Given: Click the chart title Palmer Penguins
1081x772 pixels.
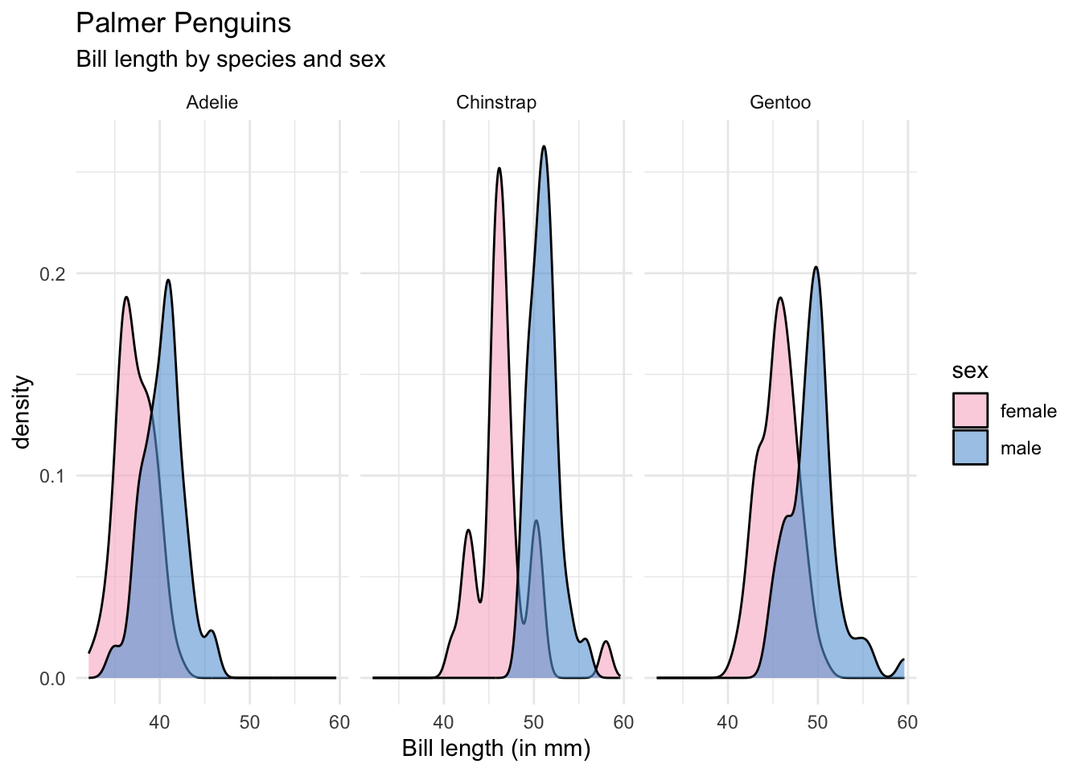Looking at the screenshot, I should point(183,23).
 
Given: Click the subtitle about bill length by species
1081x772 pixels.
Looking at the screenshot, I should point(231,60).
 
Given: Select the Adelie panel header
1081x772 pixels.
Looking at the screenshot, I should point(212,102).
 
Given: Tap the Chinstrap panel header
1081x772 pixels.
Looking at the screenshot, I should point(496,102).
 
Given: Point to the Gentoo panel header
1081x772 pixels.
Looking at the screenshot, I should point(780,102).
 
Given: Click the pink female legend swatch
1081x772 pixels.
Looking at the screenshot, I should point(970,411).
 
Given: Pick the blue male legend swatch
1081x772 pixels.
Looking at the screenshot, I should point(970,448).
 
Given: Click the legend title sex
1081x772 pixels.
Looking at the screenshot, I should point(970,371).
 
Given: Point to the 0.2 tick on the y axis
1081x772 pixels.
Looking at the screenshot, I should point(52,273).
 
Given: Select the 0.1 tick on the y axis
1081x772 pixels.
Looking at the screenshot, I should point(52,476).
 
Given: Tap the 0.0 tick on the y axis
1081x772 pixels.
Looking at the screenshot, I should point(52,679).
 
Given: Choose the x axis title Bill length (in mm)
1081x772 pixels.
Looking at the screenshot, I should point(496,749).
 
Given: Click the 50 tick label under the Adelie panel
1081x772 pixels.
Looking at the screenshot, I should point(249,722).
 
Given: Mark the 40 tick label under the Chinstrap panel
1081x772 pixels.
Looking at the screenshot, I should point(444,722).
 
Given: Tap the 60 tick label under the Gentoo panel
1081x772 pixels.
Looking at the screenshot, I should point(907,722).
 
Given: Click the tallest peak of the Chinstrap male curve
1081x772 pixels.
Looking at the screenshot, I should point(545,146).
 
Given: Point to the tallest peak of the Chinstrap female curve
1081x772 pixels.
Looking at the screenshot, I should point(499,168).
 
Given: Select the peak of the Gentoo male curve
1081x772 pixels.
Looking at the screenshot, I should point(816,267).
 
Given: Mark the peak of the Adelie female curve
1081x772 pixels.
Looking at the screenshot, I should point(126,298).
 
